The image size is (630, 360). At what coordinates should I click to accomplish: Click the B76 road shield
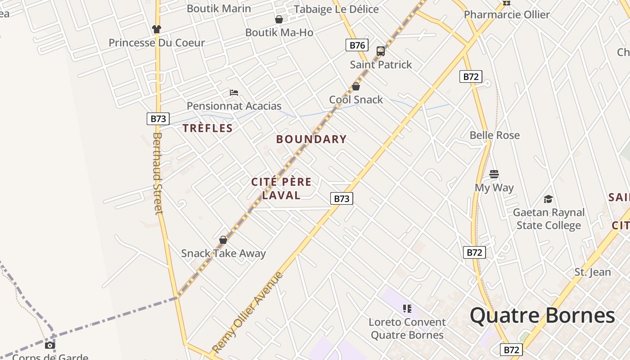[x=357, y=45]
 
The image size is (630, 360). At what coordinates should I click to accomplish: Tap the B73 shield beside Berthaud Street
[x=158, y=119]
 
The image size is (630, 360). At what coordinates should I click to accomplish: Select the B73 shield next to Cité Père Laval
[x=342, y=198]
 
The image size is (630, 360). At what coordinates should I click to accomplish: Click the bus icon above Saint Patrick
[x=381, y=51]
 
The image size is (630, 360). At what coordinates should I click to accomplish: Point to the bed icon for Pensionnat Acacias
[x=234, y=93]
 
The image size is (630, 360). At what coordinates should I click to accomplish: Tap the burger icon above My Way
[x=494, y=174]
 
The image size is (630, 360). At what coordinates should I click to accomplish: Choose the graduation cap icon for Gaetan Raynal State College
[x=548, y=199]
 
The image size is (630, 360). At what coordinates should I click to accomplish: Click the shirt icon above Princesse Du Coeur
[x=156, y=29]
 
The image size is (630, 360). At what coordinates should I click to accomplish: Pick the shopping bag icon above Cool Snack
[x=356, y=86]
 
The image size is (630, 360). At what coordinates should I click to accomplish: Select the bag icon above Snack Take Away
[x=223, y=240]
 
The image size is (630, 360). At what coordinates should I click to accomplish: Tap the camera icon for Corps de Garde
[x=50, y=346]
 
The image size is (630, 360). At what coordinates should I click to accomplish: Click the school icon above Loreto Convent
[x=407, y=309]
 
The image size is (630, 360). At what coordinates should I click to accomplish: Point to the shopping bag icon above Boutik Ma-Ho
[x=279, y=19]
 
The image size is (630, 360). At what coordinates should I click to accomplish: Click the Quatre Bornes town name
[x=542, y=315]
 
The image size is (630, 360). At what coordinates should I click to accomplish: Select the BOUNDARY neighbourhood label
[x=311, y=139]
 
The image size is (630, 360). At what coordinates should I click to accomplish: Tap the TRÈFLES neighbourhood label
[x=208, y=128]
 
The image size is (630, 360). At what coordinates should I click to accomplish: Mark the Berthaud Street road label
[x=157, y=173]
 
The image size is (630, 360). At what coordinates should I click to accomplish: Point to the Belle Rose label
[x=495, y=135]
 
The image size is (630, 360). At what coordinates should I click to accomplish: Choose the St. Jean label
[x=593, y=272]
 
